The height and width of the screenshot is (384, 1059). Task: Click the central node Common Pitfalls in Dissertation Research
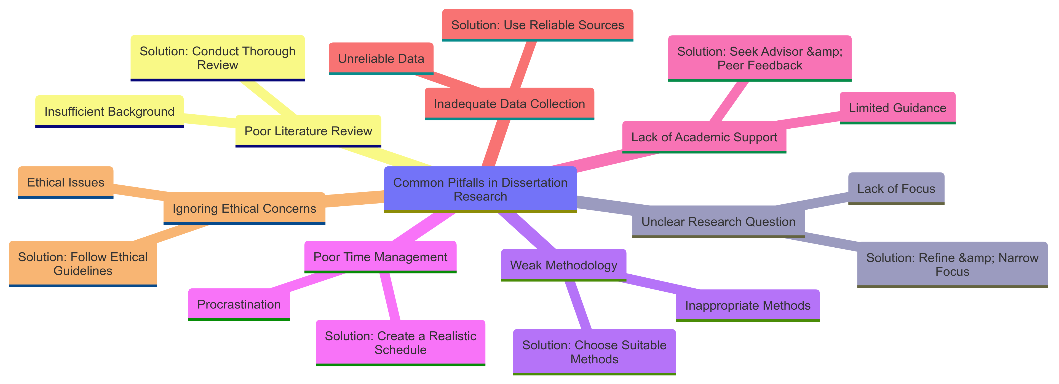[480, 189]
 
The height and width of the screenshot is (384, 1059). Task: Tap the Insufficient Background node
[109, 111]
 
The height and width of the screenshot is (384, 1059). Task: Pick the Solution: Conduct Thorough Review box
[218, 58]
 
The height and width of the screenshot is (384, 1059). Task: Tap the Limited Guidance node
[897, 108]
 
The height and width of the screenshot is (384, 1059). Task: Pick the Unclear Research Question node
[718, 221]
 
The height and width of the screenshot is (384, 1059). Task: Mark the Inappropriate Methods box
[747, 305]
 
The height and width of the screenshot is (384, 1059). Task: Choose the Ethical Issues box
[65, 182]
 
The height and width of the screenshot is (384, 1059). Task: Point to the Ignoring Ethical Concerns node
[244, 208]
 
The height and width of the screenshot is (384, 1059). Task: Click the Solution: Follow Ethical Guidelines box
[83, 263]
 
